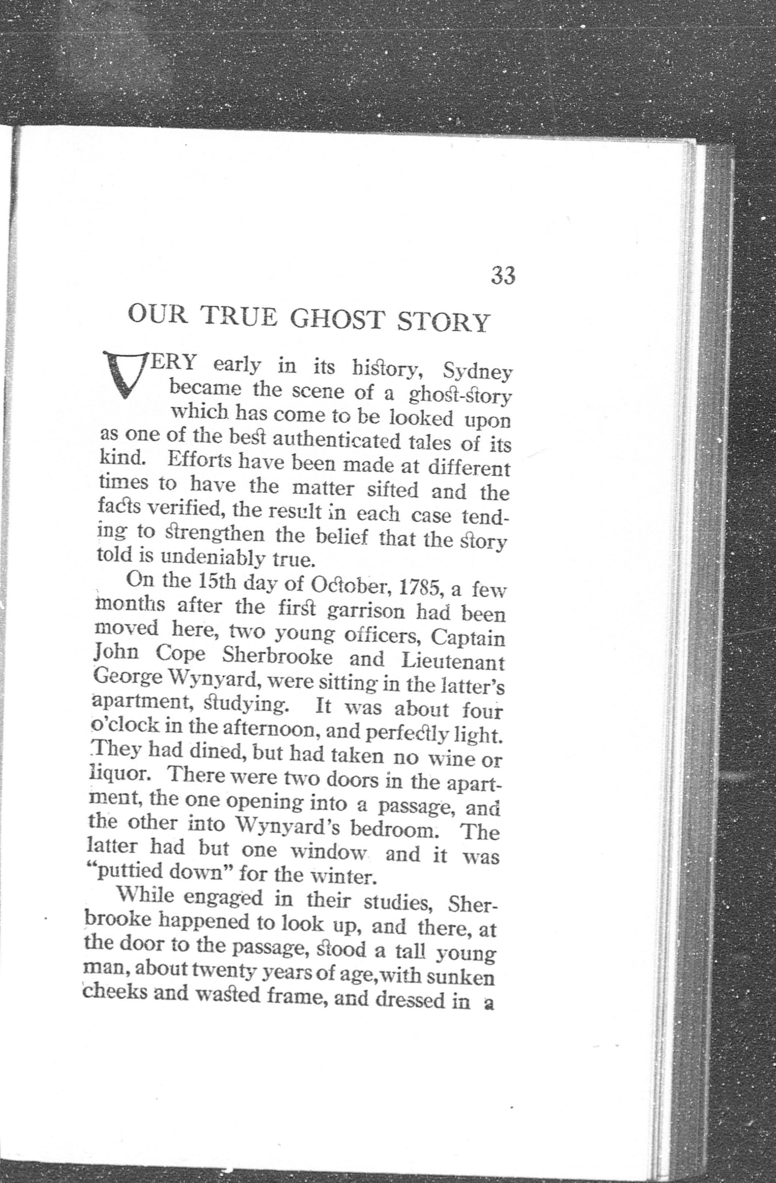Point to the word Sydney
[x=477, y=373]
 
